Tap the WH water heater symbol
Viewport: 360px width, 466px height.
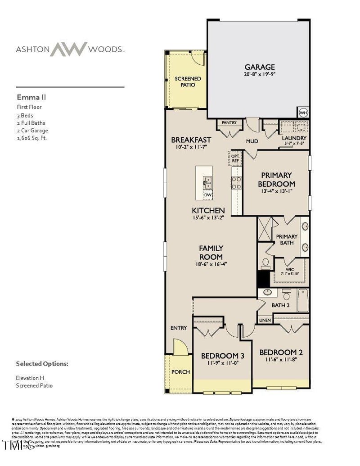[303, 112]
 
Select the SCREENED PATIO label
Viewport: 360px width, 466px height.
[188, 81]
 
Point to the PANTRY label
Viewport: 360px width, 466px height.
[229, 122]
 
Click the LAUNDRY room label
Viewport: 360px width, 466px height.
[294, 138]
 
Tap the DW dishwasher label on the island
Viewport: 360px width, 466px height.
[207, 195]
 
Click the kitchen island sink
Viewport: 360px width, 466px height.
[207, 182]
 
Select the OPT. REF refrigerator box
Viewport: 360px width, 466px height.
[235, 158]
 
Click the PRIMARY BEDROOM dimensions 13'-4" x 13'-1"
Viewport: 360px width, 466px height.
[276, 191]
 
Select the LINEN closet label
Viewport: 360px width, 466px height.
[265, 320]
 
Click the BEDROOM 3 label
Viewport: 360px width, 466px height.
[222, 355]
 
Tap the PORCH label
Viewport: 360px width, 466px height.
[181, 372]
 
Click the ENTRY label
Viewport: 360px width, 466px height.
[179, 328]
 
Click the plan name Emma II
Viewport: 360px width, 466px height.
[31, 97]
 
